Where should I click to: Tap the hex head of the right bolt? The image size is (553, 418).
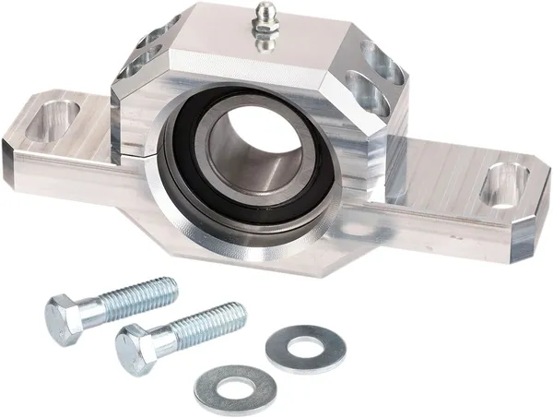click(134, 349)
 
